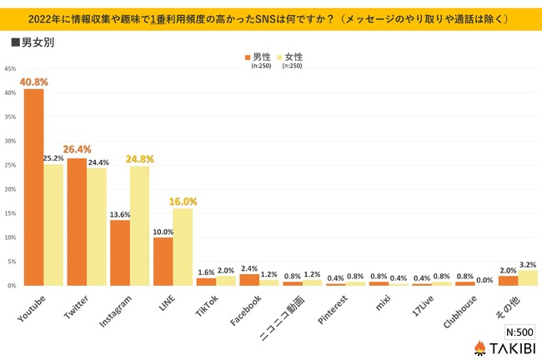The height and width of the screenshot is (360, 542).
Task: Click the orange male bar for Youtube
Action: coord(33,187)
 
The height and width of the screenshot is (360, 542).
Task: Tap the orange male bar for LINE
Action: coord(163,261)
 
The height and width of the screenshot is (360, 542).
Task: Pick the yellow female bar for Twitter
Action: coord(98,227)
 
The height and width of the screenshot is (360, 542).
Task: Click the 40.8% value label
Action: coord(33,82)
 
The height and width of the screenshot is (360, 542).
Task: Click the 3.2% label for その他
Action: coord(529,263)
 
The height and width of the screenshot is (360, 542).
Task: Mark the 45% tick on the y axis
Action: coord(8,68)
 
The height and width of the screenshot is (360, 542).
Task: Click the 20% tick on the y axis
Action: coord(8,189)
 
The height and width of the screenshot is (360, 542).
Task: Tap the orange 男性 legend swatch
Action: coord(248,57)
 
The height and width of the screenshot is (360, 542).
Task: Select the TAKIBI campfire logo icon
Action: coord(480,346)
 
